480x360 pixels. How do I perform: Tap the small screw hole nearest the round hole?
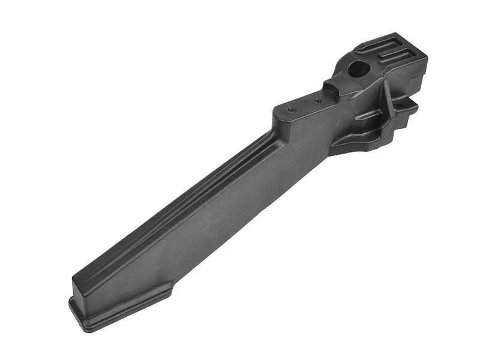(318, 100)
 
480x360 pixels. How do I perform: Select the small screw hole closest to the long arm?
(292, 109)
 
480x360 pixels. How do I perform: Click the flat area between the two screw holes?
(305, 105)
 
